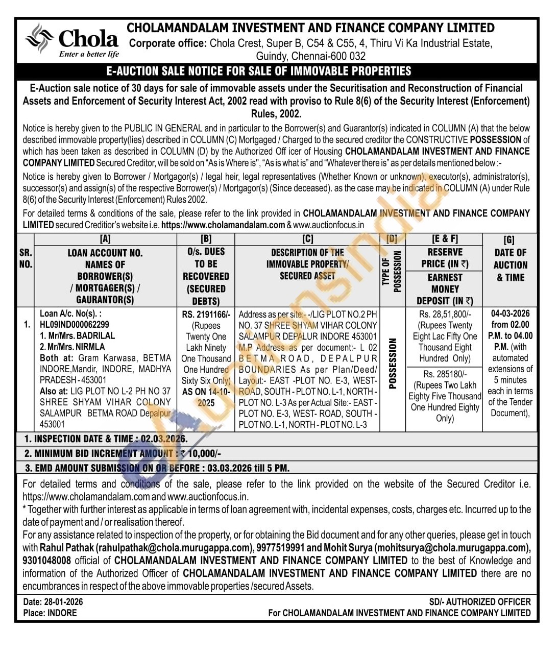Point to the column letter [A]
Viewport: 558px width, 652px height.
tap(105, 239)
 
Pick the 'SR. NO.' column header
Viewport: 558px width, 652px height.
tap(26, 258)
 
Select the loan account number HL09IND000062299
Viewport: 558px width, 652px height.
tap(75, 325)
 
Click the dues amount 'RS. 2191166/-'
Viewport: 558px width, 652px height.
tap(206, 315)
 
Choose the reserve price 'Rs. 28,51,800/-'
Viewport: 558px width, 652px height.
tap(445, 315)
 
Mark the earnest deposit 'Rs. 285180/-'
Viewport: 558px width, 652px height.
tap(445, 374)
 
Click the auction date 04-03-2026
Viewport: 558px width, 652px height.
tap(510, 313)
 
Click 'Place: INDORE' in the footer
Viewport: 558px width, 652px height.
tap(50, 613)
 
